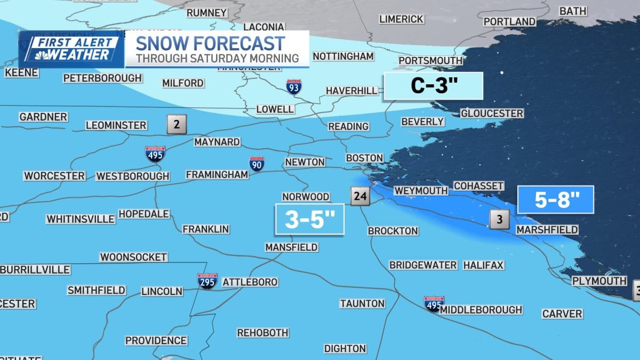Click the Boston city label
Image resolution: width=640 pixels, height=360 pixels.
364,158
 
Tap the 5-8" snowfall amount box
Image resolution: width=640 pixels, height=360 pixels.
556,201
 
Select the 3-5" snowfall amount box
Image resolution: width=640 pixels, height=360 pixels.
309,219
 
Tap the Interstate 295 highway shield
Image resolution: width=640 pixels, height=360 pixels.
207,281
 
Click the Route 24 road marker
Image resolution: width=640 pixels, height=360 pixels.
360,196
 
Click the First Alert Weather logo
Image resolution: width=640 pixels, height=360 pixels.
72,49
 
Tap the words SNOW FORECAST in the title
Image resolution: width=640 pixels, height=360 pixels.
210,43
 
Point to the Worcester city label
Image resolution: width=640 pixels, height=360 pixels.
54,175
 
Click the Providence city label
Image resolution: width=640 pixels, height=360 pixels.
156,340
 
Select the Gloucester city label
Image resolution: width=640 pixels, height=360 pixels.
492,114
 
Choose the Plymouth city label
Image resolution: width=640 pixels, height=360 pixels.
599,281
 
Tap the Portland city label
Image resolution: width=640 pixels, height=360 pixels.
509,21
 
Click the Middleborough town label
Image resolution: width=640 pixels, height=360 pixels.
482,309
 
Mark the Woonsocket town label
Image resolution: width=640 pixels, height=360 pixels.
133,257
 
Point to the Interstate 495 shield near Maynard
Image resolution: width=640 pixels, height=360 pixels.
155,154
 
